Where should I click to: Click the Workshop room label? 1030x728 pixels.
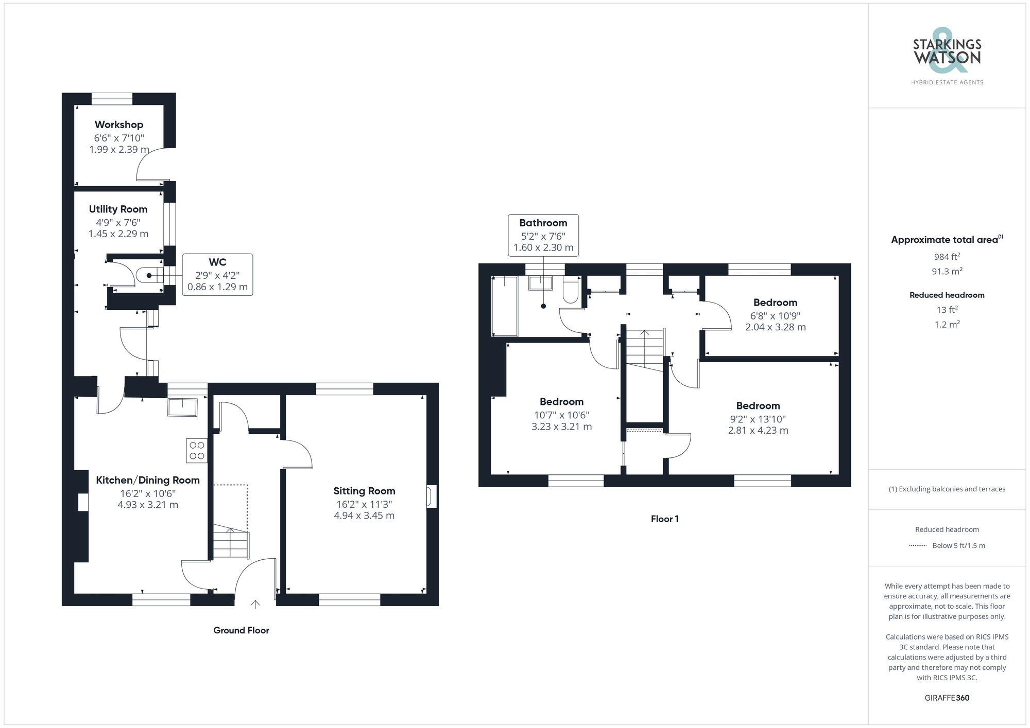point(119,125)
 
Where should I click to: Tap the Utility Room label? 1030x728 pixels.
point(118,209)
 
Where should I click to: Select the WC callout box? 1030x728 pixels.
point(217,275)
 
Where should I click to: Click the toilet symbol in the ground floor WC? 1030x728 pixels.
point(147,276)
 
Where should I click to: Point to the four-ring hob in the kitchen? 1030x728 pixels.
point(197,451)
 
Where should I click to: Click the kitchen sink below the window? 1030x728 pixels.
point(183,407)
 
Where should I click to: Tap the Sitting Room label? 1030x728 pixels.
point(364,491)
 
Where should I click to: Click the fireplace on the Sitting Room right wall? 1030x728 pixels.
point(431,497)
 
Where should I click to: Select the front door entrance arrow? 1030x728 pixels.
point(255,604)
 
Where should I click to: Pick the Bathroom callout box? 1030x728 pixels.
point(543,235)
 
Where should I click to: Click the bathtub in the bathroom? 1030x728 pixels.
point(505,306)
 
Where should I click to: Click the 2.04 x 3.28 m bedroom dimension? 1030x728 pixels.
point(775,327)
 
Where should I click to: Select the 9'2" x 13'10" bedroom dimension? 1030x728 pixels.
point(758,419)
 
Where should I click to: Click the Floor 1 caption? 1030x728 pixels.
point(664,519)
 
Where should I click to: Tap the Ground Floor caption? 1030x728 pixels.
point(241,631)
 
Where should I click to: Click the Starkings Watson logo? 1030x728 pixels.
point(947,57)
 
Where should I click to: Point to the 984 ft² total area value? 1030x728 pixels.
point(947,256)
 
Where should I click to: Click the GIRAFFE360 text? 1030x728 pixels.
point(947,698)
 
